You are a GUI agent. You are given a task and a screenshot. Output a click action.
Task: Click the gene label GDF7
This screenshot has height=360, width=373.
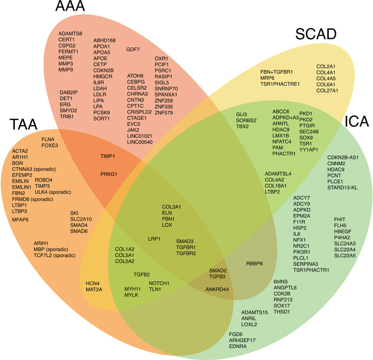point(133,49)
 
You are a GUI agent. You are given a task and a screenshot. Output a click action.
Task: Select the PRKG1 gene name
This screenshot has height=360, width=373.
point(108,174)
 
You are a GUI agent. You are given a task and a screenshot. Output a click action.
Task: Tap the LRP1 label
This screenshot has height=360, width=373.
point(154,238)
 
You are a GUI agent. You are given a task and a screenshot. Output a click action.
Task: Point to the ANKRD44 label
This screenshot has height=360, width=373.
point(217,289)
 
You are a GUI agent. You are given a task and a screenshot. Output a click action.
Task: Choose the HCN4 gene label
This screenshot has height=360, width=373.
point(93,283)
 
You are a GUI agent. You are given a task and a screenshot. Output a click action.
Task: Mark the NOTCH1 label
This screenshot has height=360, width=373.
point(159,283)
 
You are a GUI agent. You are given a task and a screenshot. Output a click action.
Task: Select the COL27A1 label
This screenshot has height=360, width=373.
point(327,90)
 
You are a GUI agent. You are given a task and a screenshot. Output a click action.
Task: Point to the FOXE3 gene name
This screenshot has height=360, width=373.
point(50,145)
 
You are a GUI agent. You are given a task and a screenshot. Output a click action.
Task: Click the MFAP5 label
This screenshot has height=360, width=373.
point(20,219)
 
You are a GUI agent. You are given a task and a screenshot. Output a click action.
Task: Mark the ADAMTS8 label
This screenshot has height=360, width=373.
point(70,34)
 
